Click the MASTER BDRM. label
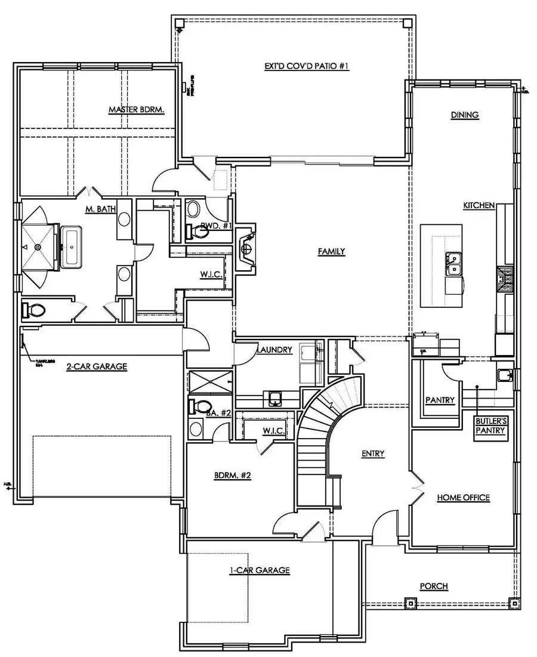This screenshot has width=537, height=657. [136, 110]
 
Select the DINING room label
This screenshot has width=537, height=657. [465, 115]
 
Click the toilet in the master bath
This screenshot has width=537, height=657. [33, 309]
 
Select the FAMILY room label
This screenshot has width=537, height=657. [331, 251]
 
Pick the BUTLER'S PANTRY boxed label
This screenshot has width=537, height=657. [490, 429]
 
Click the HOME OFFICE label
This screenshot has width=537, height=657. [463, 497]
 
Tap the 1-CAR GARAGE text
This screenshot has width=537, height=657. [260, 570]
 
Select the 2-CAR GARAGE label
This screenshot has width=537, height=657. [96, 366]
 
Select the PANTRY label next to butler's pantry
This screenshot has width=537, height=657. [440, 400]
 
